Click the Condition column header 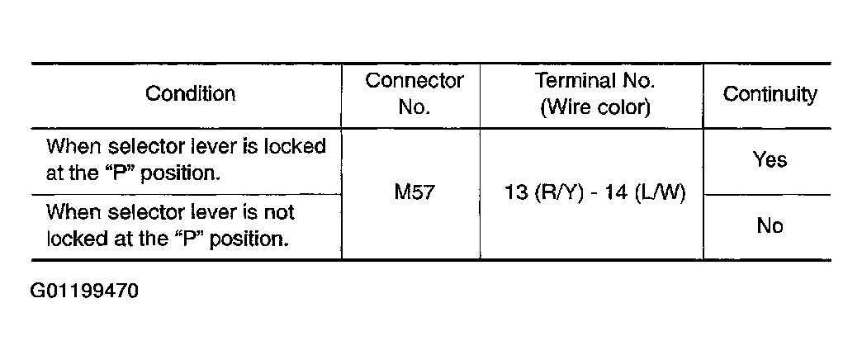(190, 94)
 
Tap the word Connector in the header (414, 81)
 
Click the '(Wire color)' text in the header (594, 108)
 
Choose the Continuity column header (770, 94)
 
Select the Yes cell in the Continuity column (770, 160)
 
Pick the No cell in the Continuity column (770, 225)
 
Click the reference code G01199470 (84, 291)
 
